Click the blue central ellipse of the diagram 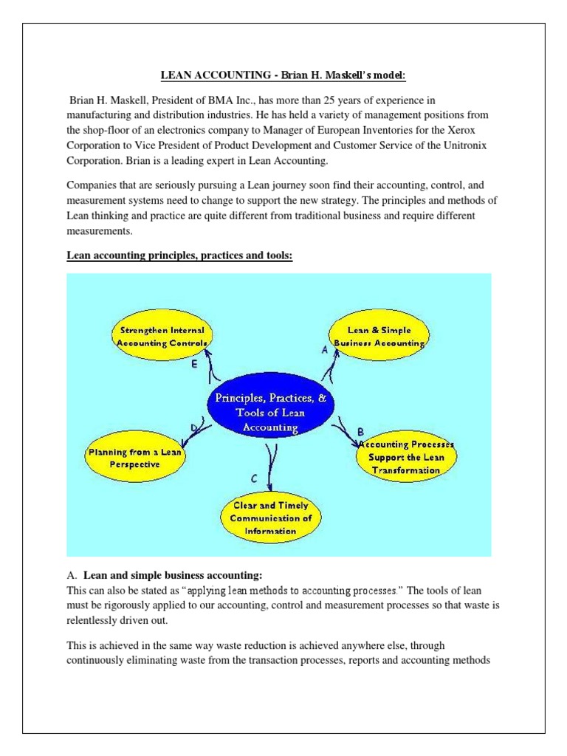point(274,411)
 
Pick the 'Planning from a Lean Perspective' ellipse point(134,458)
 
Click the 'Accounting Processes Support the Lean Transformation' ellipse point(407,458)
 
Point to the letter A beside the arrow point(324,352)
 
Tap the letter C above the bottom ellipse point(254,479)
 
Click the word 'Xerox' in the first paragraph point(483,131)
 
